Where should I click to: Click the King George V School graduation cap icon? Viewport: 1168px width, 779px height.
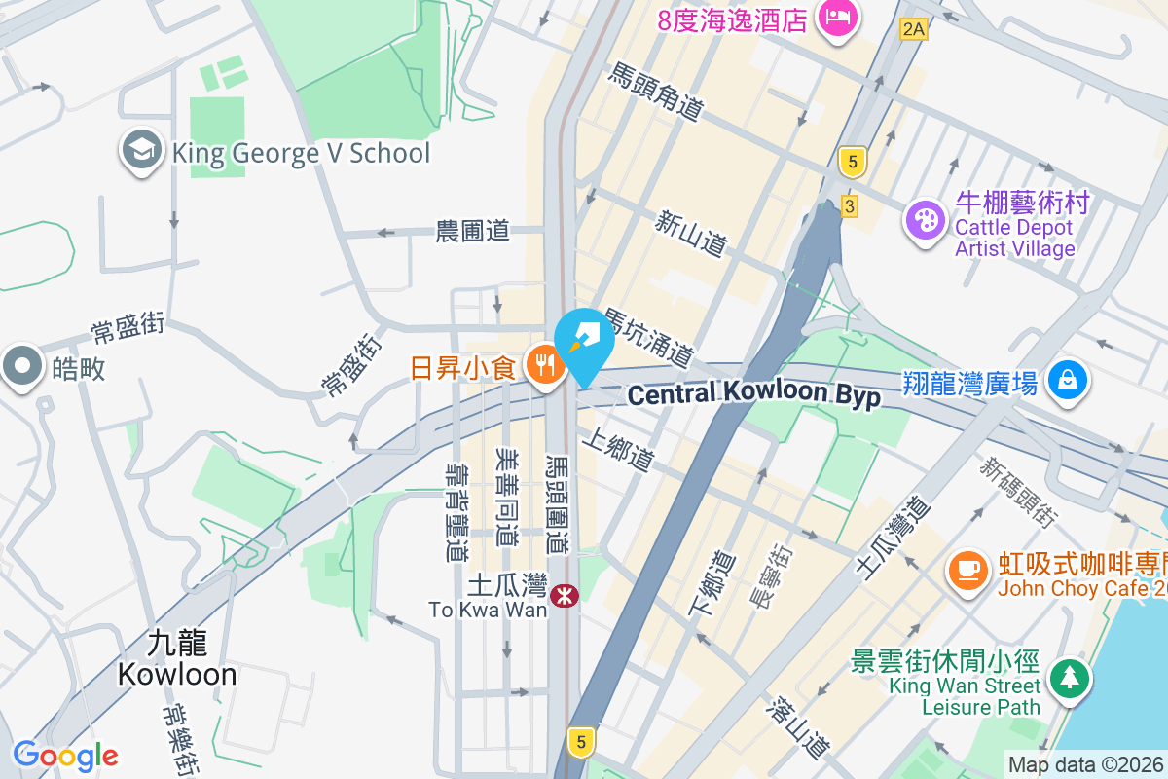click(x=142, y=152)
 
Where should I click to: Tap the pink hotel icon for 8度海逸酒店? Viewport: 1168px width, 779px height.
click(x=836, y=18)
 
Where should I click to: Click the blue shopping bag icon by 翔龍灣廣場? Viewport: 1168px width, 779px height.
click(x=1068, y=381)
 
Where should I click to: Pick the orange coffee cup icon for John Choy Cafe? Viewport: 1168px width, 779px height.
click(x=967, y=571)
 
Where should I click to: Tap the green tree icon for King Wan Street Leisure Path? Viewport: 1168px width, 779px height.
click(x=1069, y=676)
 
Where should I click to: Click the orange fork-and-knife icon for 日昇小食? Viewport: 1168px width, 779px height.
click(x=545, y=367)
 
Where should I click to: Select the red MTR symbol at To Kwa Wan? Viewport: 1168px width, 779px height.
click(x=562, y=595)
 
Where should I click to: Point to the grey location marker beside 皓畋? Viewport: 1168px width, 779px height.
click(x=21, y=368)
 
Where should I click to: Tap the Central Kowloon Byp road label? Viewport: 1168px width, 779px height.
click(x=753, y=395)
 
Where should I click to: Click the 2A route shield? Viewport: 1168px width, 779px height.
click(x=913, y=29)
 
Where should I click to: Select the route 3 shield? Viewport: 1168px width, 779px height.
click(x=850, y=206)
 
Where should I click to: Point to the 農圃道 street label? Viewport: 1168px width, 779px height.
click(x=472, y=231)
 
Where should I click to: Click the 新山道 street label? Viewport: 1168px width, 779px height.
click(x=691, y=235)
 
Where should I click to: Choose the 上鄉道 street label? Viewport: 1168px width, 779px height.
click(x=618, y=450)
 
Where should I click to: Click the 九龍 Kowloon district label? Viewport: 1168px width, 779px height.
click(x=177, y=659)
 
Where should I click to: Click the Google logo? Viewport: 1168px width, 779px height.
click(x=65, y=755)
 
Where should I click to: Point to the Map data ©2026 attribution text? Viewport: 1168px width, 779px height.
click(x=1085, y=764)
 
